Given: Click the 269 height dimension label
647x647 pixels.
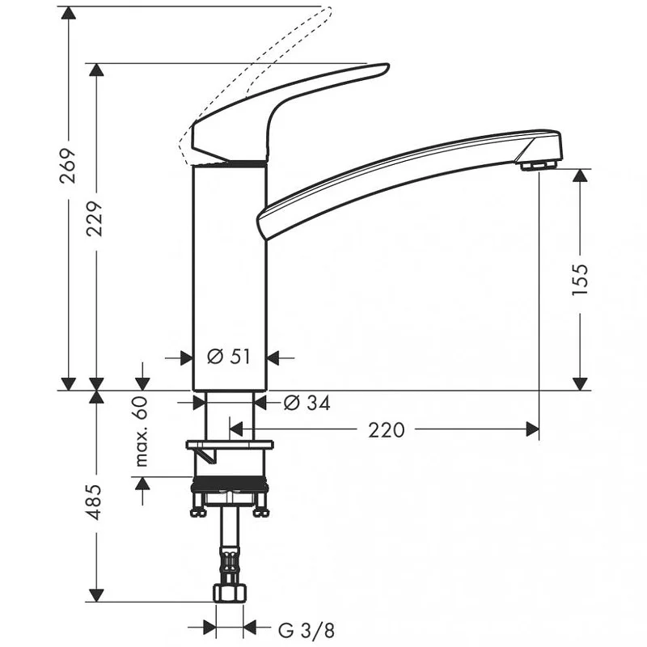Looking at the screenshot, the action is [x=68, y=166].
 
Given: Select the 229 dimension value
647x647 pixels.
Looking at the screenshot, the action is [x=95, y=218].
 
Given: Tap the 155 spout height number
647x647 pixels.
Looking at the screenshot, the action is [x=580, y=279].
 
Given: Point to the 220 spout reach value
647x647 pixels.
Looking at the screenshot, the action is [x=387, y=430].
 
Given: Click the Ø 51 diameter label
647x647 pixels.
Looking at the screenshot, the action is [x=229, y=357].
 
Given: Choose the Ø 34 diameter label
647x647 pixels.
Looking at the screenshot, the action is [x=307, y=403].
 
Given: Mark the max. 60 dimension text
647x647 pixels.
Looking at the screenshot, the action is [x=142, y=431].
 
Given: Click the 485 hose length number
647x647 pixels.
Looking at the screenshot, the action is [x=95, y=502].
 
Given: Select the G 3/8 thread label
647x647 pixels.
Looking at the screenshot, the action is [x=307, y=630].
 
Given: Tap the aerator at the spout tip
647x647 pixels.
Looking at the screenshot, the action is [x=539, y=166].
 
